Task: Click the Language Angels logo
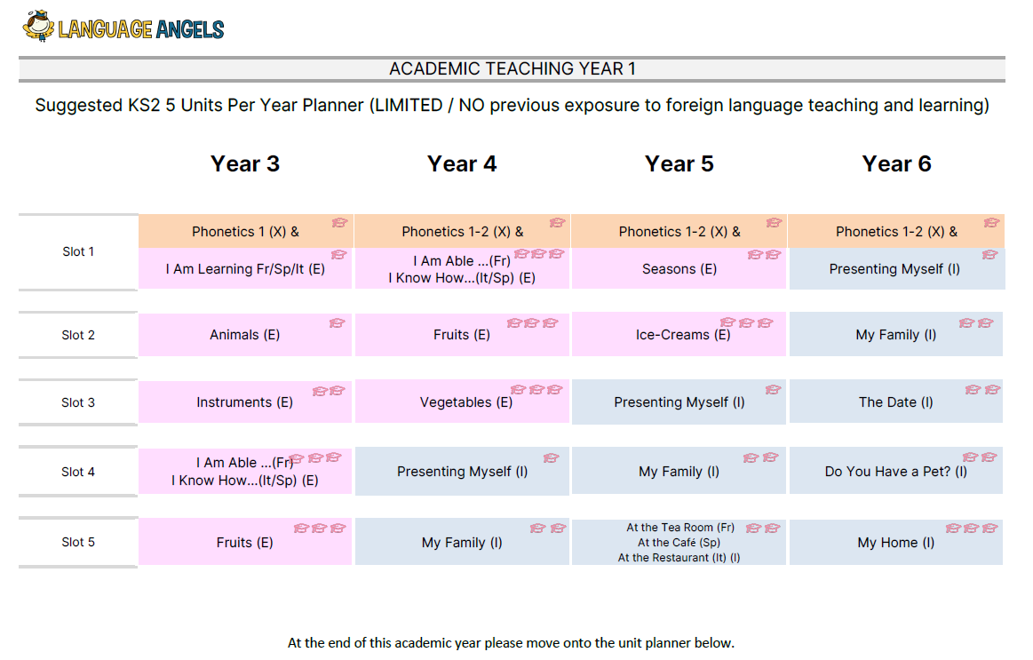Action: click(x=123, y=27)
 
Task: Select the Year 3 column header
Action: click(x=245, y=164)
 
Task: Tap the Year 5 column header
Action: click(x=679, y=164)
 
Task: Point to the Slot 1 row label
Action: click(x=78, y=251)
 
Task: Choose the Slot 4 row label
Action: click(x=78, y=472)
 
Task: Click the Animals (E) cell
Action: click(x=245, y=335)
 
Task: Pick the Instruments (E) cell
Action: click(x=245, y=402)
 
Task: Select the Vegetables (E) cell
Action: click(x=462, y=402)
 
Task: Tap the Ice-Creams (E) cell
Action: click(x=679, y=335)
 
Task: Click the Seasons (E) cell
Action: click(x=679, y=269)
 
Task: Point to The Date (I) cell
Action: click(x=896, y=402)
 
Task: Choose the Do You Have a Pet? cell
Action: click(x=896, y=471)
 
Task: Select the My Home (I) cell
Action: click(x=896, y=542)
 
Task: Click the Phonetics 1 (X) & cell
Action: click(x=246, y=231)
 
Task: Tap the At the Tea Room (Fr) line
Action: click(x=680, y=527)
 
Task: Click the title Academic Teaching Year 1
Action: click(x=512, y=68)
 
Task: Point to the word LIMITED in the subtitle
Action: click(x=409, y=106)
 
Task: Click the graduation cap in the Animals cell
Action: click(x=338, y=322)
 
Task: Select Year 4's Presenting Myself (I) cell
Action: click(x=462, y=471)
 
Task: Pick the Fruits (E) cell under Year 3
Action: click(x=245, y=542)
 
